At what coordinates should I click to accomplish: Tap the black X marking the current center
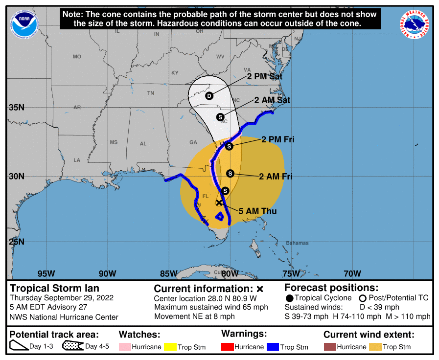[x=219, y=202]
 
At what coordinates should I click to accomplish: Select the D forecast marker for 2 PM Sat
[x=209, y=96]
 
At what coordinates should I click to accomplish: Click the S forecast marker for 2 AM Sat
[x=220, y=117]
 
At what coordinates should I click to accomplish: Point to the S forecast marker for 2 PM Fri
[x=229, y=146]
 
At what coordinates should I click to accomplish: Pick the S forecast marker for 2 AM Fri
[x=231, y=173]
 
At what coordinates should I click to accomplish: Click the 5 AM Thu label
[x=257, y=211]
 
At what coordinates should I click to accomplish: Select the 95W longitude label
[x=46, y=273]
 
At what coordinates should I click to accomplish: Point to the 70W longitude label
[x=352, y=273]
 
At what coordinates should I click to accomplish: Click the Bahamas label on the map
[x=298, y=243]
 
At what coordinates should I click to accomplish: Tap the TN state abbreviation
[x=151, y=93]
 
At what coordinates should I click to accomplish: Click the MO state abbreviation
[x=77, y=57]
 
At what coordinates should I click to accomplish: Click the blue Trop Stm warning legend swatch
[x=272, y=347]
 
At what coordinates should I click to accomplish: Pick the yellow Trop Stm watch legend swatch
[x=169, y=347]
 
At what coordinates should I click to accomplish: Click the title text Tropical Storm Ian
[x=54, y=288]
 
